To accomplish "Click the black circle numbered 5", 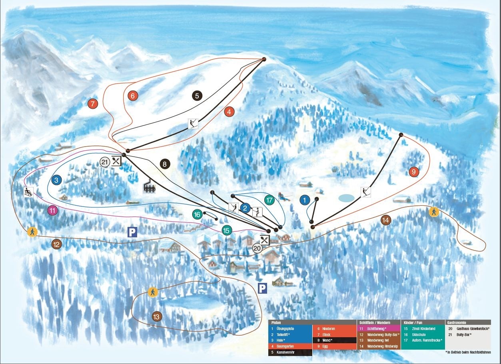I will (x=197, y=95).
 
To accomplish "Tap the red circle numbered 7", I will (x=93, y=104).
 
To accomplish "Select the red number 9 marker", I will (x=413, y=172).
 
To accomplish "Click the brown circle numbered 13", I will (x=157, y=316).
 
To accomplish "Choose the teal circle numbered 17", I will (x=270, y=200).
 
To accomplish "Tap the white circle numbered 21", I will (x=105, y=162).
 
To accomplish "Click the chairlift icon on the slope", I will (x=150, y=187).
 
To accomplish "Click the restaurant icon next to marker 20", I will (x=265, y=240).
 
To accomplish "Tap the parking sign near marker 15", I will (x=132, y=232).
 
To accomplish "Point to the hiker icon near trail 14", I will (x=433, y=212).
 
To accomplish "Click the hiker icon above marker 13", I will (x=152, y=292).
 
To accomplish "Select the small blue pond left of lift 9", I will (x=346, y=198).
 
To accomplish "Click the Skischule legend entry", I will (x=418, y=334).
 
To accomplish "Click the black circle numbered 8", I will (x=165, y=163).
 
